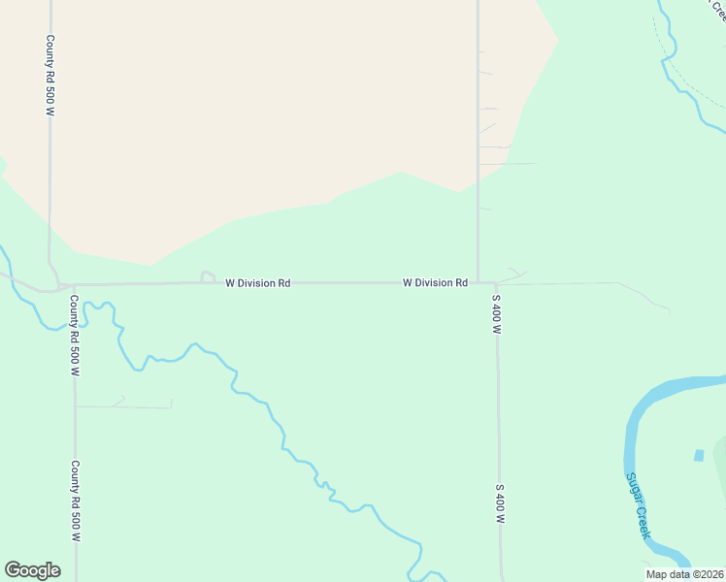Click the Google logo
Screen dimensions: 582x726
pyautogui.click(x=32, y=569)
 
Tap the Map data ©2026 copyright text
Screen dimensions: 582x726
pyautogui.click(x=685, y=573)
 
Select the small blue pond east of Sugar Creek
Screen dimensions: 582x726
pyautogui.click(x=698, y=454)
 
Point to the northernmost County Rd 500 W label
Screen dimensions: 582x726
pyautogui.click(x=49, y=76)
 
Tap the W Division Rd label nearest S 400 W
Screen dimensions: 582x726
pyautogui.click(x=436, y=282)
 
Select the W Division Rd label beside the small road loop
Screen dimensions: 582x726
pyautogui.click(x=258, y=283)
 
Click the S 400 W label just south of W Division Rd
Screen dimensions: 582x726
pyautogui.click(x=496, y=314)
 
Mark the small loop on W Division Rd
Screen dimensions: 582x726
pyautogui.click(x=208, y=276)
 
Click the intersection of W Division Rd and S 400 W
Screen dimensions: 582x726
pyautogui.click(x=478, y=282)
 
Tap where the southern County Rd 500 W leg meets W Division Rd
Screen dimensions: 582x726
pyautogui.click(x=74, y=285)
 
